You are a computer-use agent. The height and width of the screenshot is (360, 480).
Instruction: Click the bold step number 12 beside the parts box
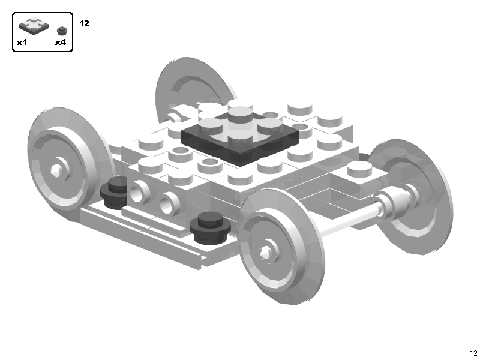pyautogui.click(x=84, y=23)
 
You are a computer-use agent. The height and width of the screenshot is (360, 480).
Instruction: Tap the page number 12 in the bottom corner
pyautogui.click(x=473, y=353)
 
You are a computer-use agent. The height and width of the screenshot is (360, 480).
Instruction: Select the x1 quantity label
pyautogui.click(x=22, y=43)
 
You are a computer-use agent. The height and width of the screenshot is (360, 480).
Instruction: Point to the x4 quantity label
pyautogui.click(x=60, y=43)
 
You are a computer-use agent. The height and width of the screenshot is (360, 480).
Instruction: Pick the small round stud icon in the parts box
pyautogui.click(x=61, y=30)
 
